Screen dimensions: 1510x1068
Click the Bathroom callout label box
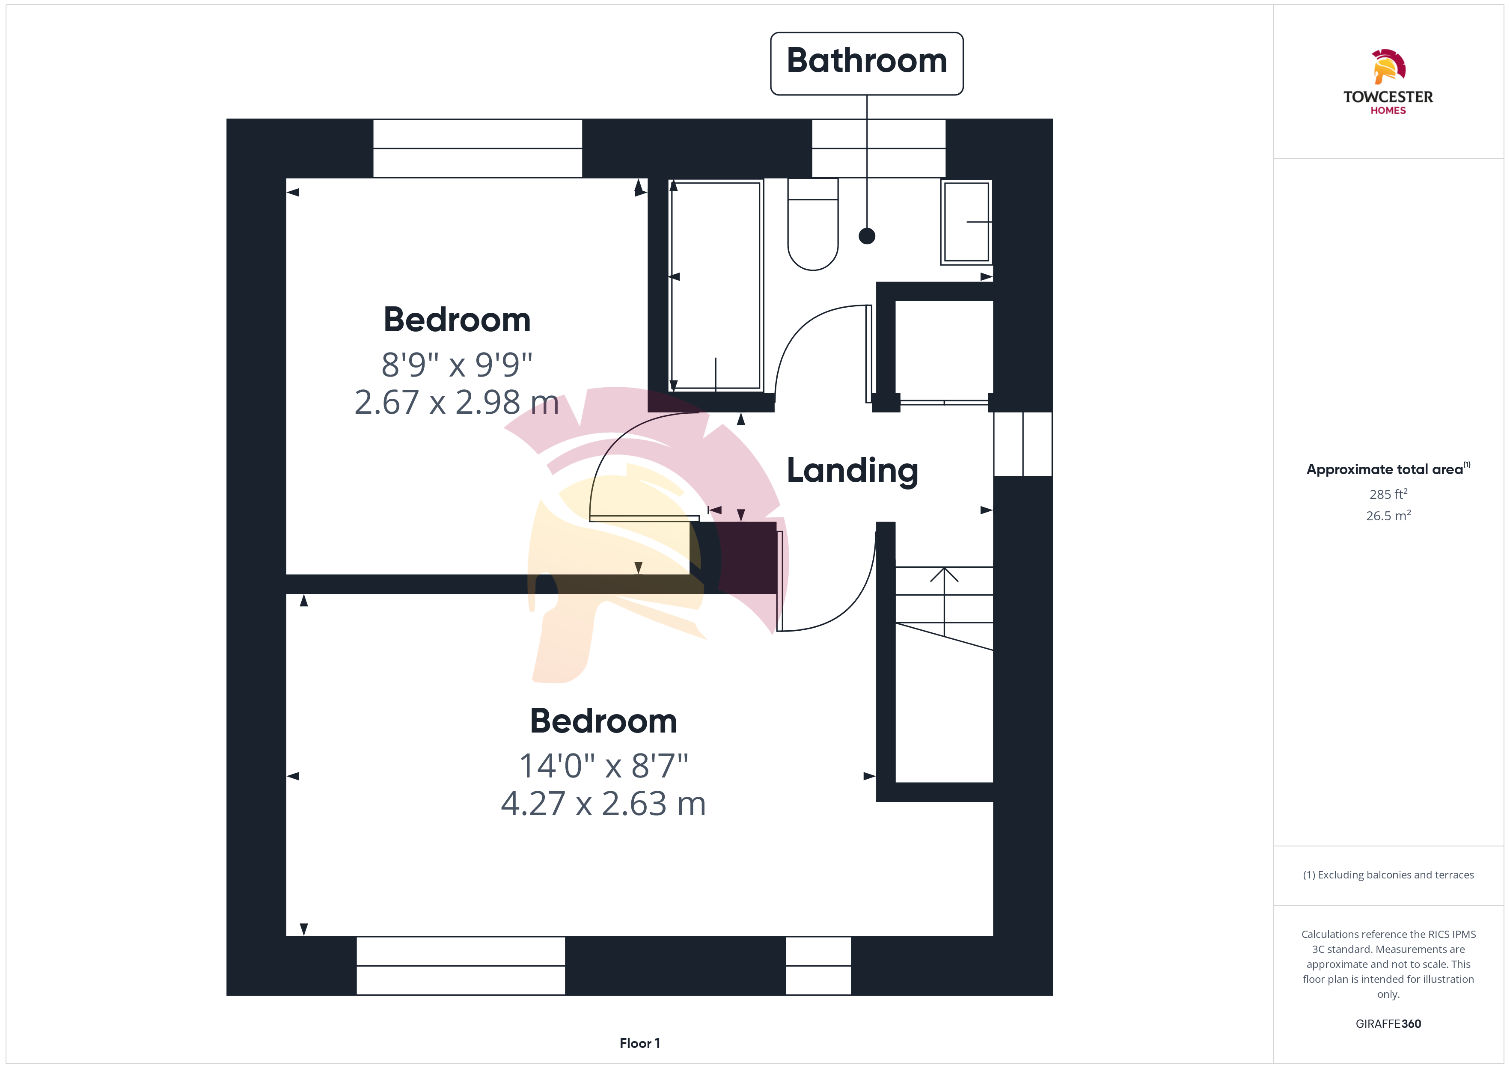(866, 63)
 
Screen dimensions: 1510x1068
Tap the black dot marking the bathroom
(867, 235)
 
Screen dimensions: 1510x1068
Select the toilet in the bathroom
(813, 224)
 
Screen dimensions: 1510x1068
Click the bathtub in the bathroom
(716, 285)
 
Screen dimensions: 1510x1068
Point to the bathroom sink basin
(966, 222)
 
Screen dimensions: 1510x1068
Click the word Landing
(852, 471)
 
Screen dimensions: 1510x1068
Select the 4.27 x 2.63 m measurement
(603, 804)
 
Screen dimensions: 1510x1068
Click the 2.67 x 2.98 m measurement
(456, 402)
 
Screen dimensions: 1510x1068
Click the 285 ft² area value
(1388, 494)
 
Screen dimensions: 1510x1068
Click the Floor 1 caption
(639, 1043)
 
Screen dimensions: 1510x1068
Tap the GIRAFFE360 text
(1388, 1023)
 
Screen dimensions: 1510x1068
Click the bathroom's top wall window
(879, 148)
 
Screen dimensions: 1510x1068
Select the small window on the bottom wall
(818, 965)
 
